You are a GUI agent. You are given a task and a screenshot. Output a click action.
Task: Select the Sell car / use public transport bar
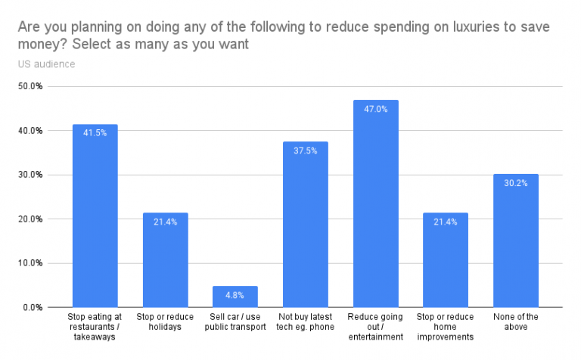click(235, 296)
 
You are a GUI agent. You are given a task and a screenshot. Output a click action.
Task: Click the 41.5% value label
click(95, 133)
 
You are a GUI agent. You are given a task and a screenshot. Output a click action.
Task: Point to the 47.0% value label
click(375, 109)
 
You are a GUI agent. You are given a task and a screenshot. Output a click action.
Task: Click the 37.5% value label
click(306, 151)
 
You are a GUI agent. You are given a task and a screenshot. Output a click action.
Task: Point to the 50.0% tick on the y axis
click(31, 86)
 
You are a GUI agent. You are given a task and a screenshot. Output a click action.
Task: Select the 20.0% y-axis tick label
click(31, 219)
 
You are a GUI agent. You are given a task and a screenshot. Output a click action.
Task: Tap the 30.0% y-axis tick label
click(31, 175)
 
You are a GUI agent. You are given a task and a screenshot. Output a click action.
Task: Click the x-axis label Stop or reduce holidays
click(165, 321)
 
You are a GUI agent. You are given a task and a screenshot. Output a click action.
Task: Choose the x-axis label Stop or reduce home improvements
click(446, 327)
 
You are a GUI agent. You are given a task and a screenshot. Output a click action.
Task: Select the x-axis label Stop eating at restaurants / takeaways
click(95, 327)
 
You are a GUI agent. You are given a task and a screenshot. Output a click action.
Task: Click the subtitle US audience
click(46, 64)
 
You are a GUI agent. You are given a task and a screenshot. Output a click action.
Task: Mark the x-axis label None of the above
click(515, 321)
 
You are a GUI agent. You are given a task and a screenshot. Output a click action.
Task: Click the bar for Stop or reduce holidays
click(165, 260)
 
